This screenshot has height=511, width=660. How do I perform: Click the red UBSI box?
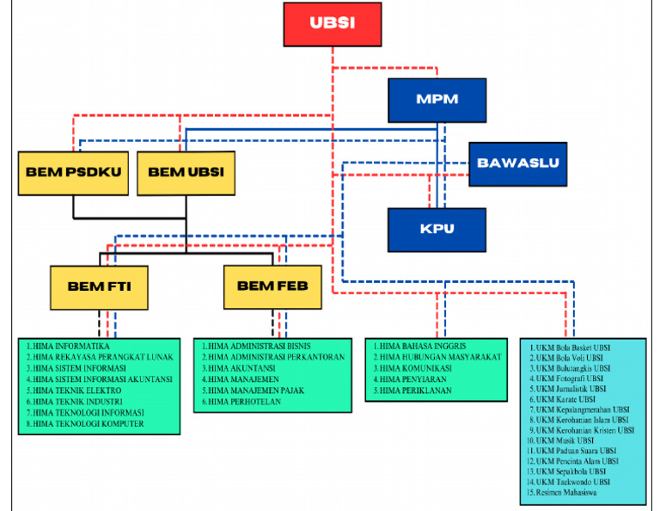[x=332, y=23]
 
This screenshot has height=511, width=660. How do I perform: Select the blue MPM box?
[x=437, y=99]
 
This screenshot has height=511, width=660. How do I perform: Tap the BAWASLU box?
[x=518, y=163]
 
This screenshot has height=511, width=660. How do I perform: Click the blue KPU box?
[x=437, y=229]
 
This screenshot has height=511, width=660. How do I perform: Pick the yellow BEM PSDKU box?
[x=74, y=172]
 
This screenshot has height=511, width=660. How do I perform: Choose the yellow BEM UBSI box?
[x=186, y=172]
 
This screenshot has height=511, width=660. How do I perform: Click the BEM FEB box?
[x=272, y=286]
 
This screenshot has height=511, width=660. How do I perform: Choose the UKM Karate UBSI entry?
[x=566, y=400]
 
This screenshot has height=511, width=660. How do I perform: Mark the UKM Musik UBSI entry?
[x=565, y=440]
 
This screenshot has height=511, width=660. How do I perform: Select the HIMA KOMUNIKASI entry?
[x=420, y=368]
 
